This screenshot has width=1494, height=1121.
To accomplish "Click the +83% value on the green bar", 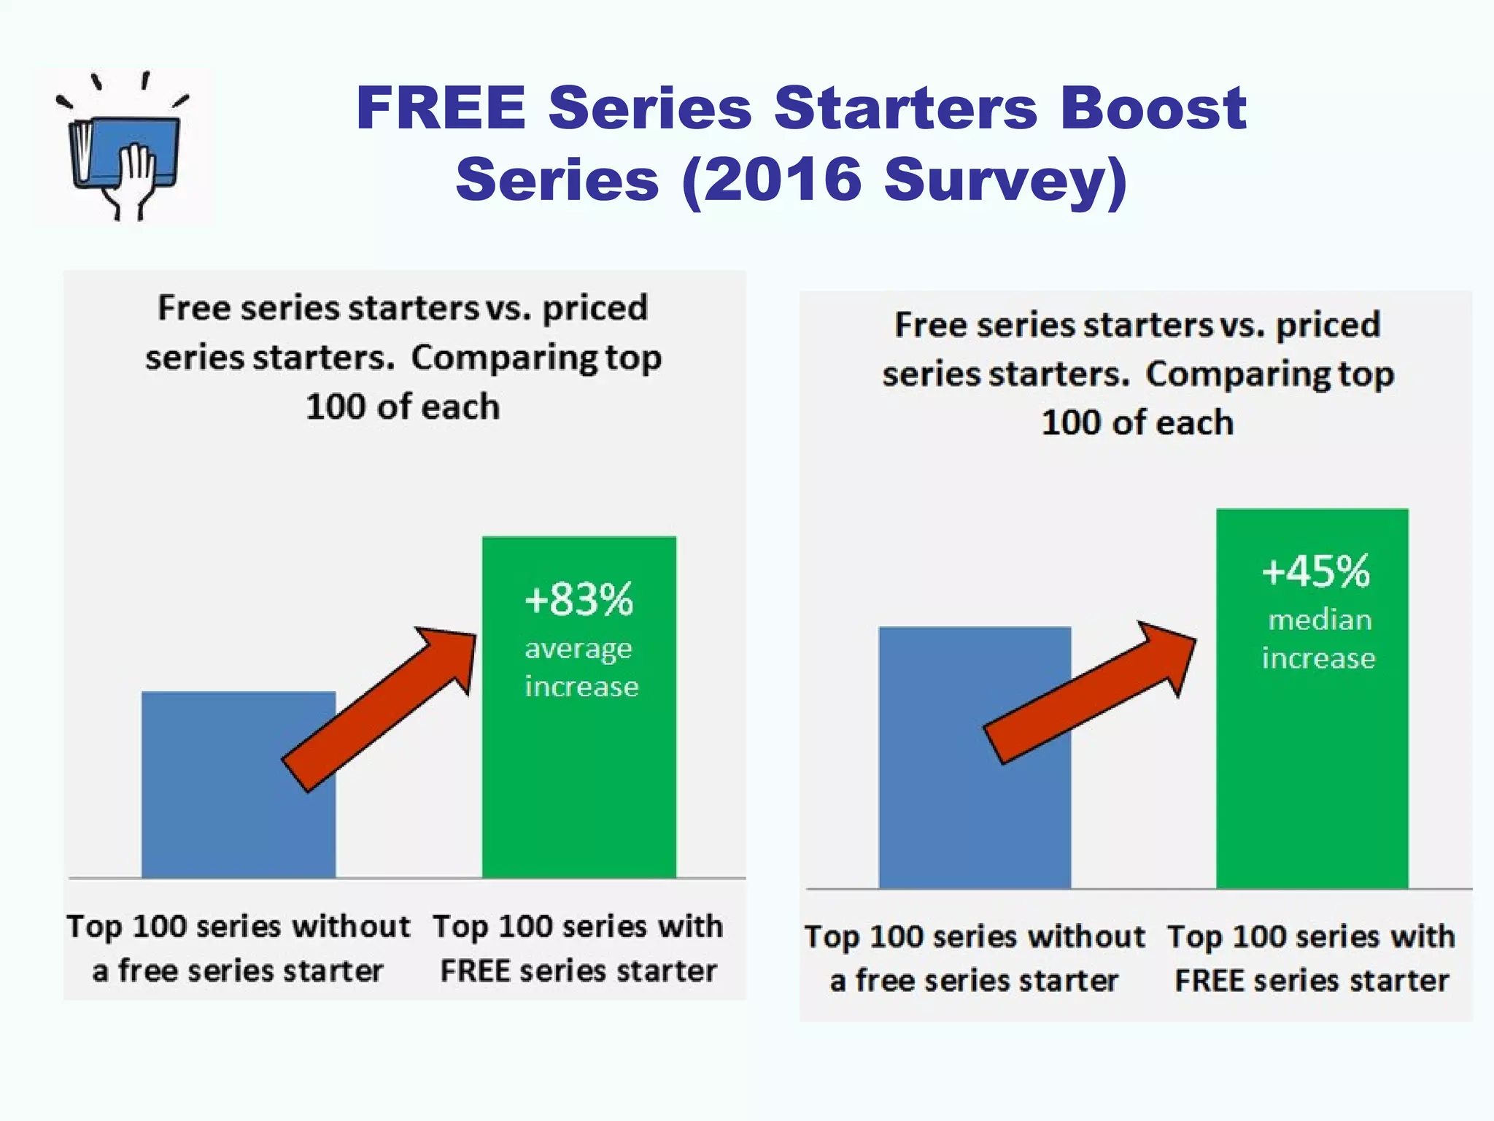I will click(x=579, y=600).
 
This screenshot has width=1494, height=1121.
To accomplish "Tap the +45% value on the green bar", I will click(x=1316, y=571).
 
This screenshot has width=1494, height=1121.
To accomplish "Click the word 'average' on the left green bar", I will click(x=578, y=649).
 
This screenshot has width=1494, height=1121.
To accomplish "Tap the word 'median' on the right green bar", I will click(x=1320, y=620).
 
